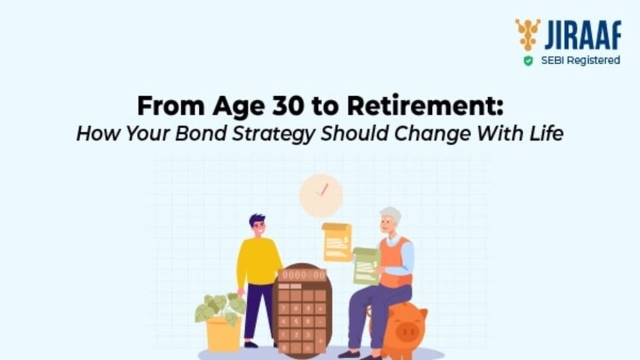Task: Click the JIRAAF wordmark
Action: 583,35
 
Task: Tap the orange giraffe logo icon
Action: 528,35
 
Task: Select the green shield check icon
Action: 528,61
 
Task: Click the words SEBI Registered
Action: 581,61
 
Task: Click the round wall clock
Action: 321,195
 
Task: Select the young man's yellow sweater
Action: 259,261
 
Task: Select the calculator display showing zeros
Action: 303,275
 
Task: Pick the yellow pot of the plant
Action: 223,335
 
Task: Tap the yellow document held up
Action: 337,242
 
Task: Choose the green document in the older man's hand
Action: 367,266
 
